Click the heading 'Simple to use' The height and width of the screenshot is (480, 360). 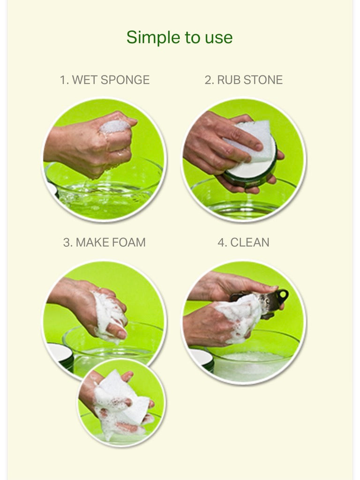180,37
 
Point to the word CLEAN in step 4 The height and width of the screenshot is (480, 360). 249,242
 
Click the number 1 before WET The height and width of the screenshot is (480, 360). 63,80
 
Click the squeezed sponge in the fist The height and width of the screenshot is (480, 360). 115,126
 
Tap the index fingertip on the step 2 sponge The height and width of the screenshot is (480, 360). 258,147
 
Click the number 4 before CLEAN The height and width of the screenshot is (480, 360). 221,242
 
